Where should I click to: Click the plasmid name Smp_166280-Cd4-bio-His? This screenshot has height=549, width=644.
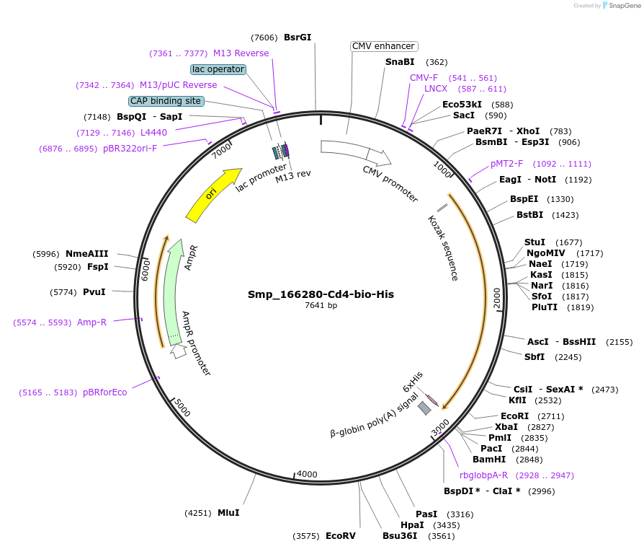[321, 294]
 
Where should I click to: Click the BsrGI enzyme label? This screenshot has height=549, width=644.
[298, 38]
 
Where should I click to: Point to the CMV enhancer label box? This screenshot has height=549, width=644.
[383, 46]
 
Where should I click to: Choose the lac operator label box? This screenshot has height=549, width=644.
[218, 69]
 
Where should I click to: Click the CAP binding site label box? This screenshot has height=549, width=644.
[166, 101]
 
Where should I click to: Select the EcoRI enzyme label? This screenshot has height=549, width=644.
[514, 416]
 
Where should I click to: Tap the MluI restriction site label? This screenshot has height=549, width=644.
[228, 513]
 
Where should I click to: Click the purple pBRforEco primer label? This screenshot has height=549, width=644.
[104, 392]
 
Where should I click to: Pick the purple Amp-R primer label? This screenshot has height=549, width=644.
[91, 322]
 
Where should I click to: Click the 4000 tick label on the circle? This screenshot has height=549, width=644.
[307, 474]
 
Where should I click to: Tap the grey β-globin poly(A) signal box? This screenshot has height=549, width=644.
[425, 408]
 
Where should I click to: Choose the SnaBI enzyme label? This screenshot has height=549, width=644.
[400, 62]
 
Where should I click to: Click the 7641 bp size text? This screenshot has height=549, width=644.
[321, 306]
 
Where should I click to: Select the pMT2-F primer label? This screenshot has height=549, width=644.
[506, 164]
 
